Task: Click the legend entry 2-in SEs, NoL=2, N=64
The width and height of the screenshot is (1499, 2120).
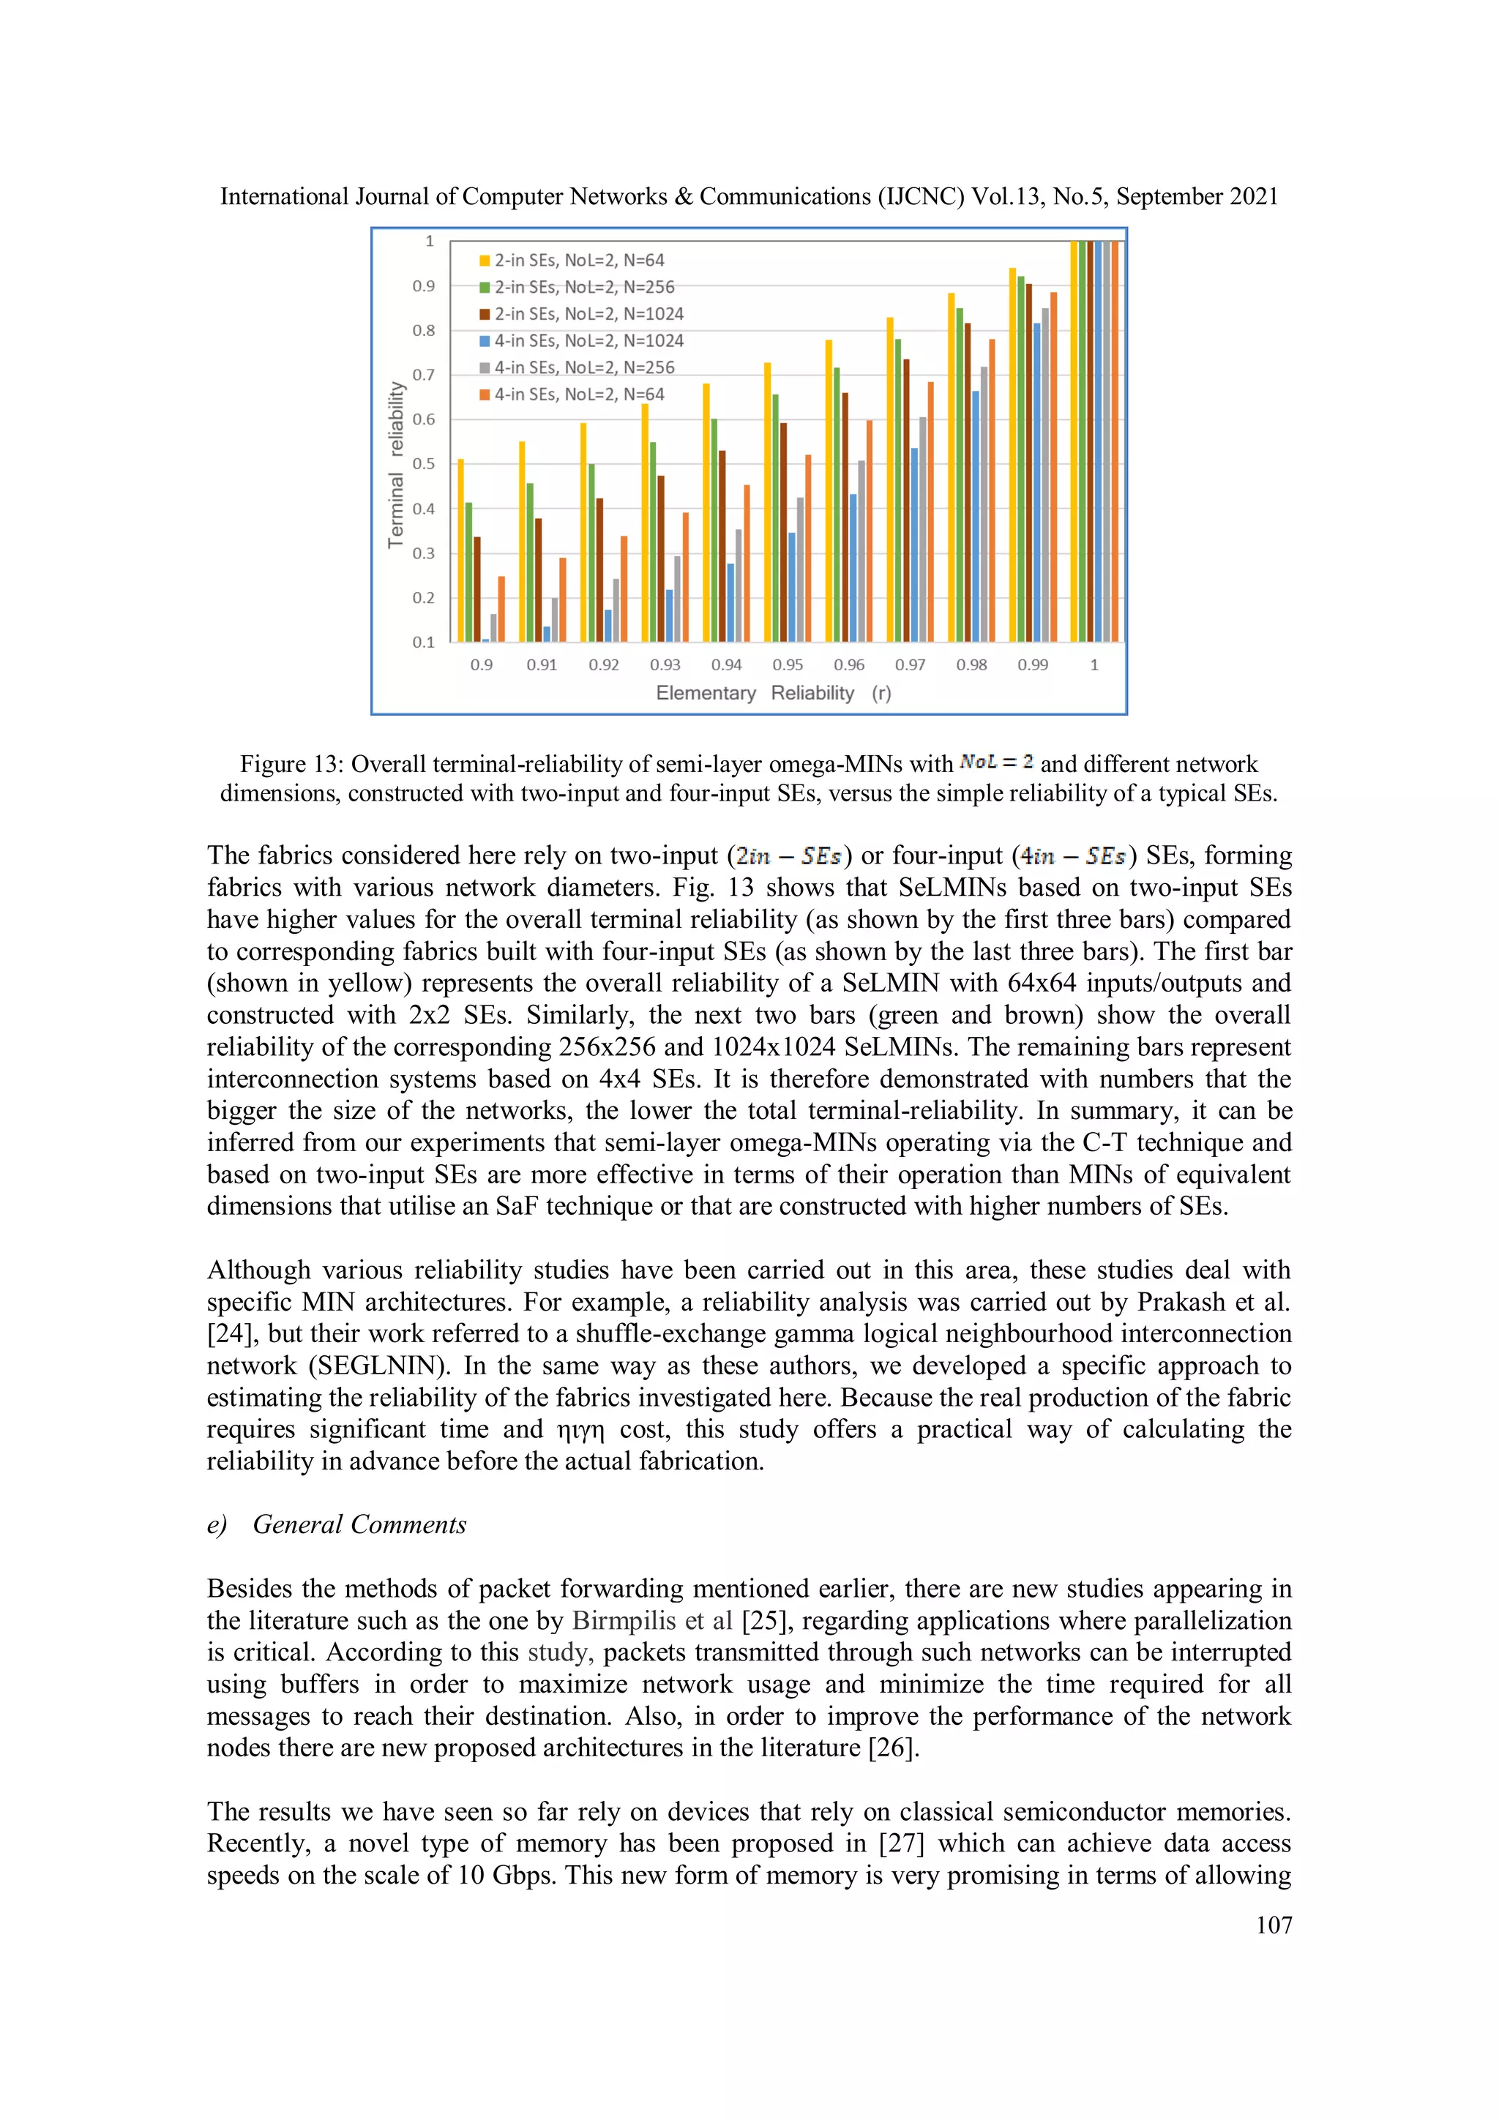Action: tap(578, 261)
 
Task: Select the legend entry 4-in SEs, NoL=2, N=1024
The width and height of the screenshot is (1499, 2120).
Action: tap(588, 341)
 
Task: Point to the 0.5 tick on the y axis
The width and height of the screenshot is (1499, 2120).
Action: tap(423, 463)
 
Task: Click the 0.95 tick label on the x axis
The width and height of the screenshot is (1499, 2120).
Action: tap(788, 664)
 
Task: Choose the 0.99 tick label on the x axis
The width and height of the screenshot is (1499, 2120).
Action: tap(1033, 664)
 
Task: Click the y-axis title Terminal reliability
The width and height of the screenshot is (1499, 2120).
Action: tap(396, 465)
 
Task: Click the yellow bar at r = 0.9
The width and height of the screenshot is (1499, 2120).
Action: tap(461, 550)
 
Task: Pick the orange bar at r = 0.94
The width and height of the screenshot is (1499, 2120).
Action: tap(747, 563)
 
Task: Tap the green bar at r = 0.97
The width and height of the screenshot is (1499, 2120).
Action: tap(898, 490)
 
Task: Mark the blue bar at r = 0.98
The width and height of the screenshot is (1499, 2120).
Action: tap(976, 517)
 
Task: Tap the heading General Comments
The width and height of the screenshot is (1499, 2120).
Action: tap(359, 1524)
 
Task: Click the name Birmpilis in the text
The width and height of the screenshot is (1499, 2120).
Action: tap(613, 1620)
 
